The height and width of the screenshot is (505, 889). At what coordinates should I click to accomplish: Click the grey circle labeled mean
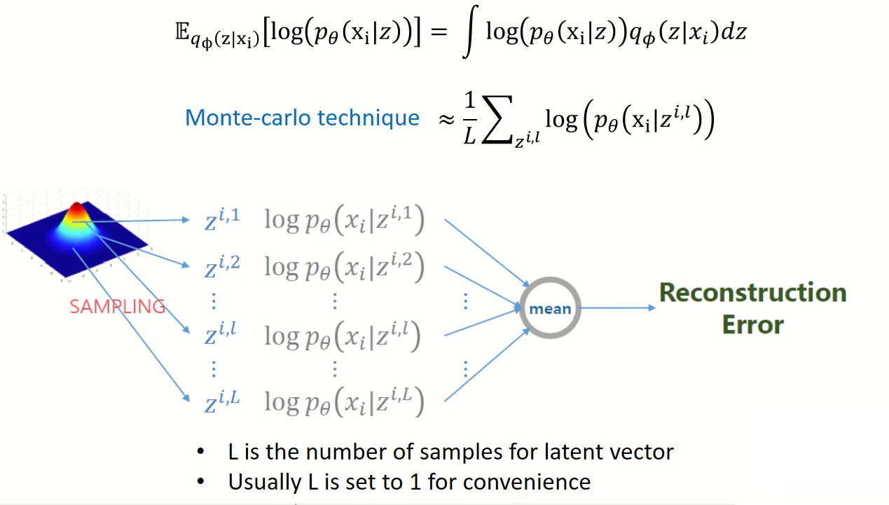click(550, 308)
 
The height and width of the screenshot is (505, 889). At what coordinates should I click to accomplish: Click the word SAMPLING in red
click(117, 306)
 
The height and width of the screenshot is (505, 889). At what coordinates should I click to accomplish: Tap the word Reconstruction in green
click(752, 292)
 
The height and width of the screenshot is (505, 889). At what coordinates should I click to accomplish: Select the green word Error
click(752, 324)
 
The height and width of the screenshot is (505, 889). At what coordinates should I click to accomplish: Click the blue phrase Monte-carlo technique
click(302, 118)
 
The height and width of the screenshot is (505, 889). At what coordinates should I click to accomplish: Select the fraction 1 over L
click(470, 118)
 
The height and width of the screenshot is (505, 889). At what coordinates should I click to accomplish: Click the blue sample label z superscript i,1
click(221, 219)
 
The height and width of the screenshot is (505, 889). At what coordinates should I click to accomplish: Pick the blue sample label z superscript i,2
click(221, 266)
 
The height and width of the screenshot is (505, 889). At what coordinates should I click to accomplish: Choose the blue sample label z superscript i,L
click(221, 402)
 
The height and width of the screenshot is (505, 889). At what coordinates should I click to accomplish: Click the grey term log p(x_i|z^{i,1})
click(344, 221)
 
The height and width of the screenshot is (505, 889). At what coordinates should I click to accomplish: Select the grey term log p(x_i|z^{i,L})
click(344, 402)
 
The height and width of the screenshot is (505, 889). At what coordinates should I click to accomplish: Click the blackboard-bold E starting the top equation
click(182, 34)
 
